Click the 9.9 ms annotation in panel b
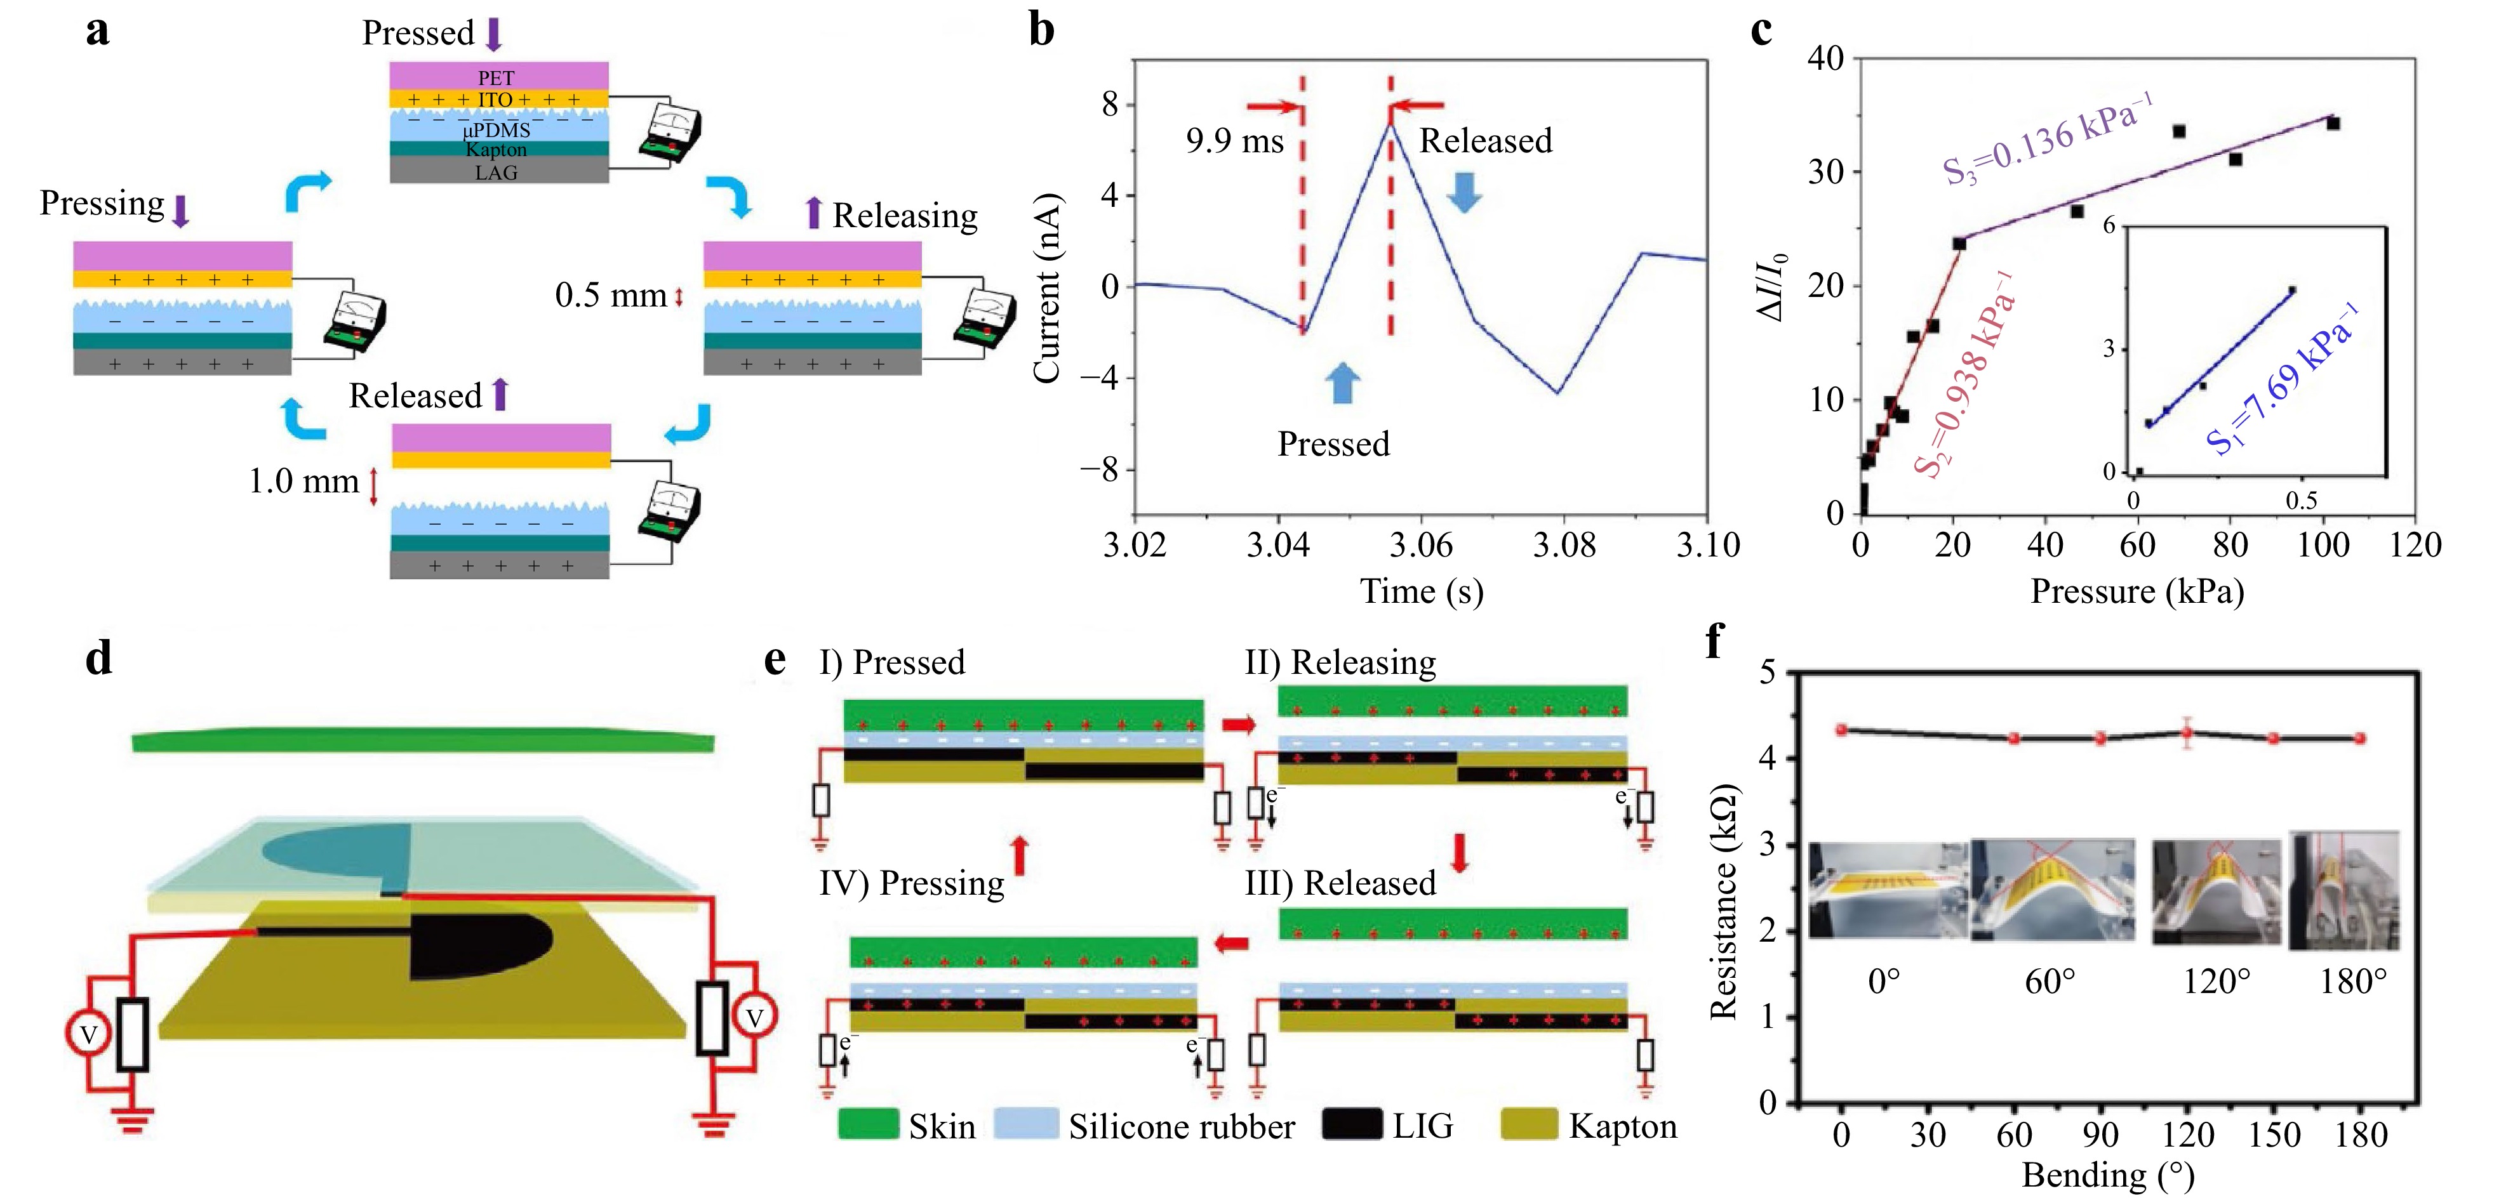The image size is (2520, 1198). pos(1234,142)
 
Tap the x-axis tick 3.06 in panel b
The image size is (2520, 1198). pos(1420,544)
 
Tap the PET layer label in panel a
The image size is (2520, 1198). pos(496,77)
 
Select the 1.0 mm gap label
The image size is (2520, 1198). pos(303,481)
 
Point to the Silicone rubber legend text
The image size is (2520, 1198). pos(1181,1126)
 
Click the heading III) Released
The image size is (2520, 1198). pos(1340,883)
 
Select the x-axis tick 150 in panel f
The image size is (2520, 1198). pos(2274,1135)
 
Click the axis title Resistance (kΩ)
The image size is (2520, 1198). pos(1724,902)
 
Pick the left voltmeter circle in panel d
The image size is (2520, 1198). pos(88,1034)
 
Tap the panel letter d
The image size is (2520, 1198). pos(99,657)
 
